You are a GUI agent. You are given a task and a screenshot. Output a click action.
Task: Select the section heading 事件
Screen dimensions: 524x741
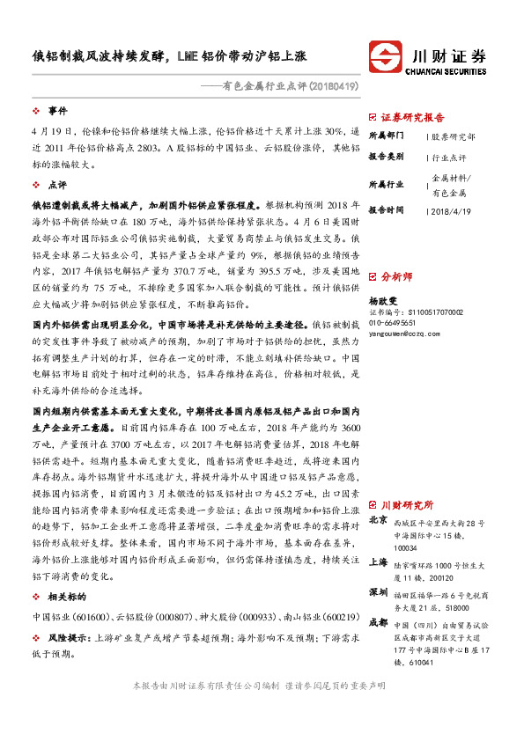coord(57,111)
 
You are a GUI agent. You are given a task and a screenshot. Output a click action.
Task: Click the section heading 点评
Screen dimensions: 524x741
coord(57,186)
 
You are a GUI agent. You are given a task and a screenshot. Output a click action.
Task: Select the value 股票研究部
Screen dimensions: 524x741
coord(454,136)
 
